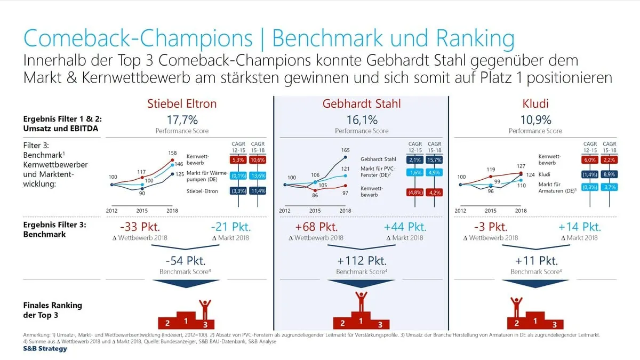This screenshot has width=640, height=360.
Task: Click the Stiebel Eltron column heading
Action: (182, 103)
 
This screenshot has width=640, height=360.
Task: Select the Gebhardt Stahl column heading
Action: (362, 103)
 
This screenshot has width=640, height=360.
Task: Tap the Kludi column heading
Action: (535, 103)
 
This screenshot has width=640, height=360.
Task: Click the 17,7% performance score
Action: (182, 119)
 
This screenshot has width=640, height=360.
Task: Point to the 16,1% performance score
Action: (362, 119)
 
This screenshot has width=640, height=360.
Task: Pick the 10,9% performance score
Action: (535, 119)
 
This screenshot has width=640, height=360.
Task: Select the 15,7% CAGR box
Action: (434, 159)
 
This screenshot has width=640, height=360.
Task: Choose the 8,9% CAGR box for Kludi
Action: (609, 174)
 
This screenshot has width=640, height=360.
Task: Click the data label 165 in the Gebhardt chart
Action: (345, 151)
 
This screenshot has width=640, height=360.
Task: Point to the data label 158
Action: (172, 154)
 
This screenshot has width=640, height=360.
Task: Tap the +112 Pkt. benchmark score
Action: (362, 261)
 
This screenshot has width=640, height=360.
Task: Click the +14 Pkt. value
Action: (579, 227)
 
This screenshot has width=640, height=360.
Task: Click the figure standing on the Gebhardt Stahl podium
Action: (362, 302)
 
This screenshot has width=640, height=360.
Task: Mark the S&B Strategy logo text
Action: (45, 349)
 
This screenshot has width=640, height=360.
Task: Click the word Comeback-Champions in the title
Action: (138, 39)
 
